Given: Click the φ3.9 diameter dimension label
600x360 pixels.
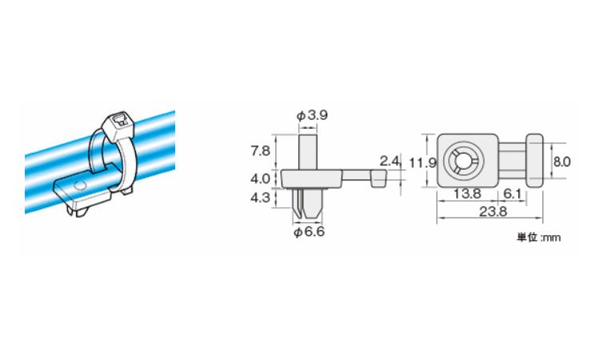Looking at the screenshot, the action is click(312, 114).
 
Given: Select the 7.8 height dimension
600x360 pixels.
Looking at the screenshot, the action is click(260, 150).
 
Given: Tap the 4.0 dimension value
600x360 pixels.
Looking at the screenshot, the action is click(260, 178).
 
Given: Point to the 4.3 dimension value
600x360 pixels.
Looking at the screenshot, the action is click(260, 198).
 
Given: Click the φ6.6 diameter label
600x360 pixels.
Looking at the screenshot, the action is click(309, 231).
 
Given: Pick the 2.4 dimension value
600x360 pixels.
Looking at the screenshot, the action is click(390, 161).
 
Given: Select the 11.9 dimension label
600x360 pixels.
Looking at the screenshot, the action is click(422, 163).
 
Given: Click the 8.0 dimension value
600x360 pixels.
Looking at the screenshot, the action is click(562, 162).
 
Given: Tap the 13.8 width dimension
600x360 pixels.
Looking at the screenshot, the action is click(467, 194).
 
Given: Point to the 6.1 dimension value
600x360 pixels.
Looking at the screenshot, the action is click(512, 194).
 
